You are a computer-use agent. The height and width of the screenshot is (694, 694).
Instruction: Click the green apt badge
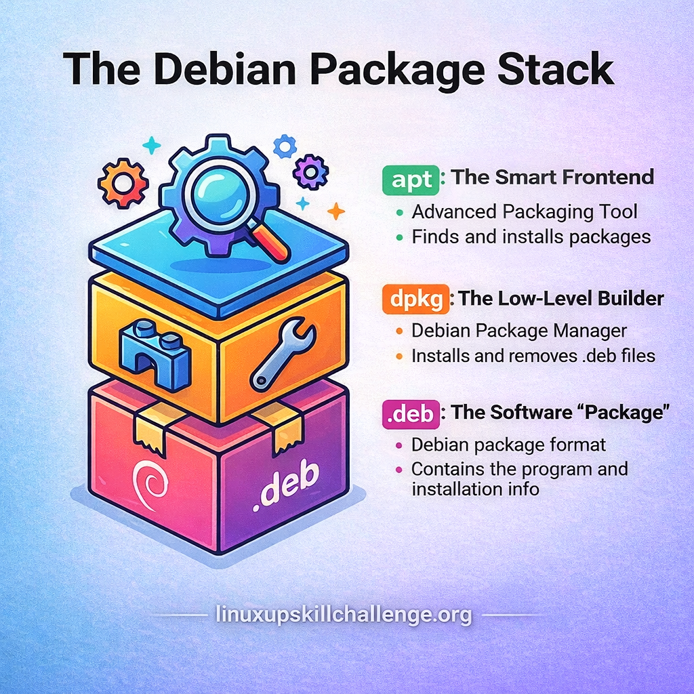coord(411,180)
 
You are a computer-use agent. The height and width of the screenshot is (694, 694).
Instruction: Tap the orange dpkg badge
coord(415,300)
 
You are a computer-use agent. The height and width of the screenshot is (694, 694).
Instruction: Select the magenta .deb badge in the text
coord(411,414)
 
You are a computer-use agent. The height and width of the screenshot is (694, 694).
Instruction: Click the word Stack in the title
coord(556,70)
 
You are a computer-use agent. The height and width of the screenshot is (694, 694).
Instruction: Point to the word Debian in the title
coord(224,70)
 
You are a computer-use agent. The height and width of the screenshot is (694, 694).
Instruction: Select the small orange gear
coord(123,183)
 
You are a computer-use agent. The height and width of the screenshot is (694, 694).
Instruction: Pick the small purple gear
coord(310,171)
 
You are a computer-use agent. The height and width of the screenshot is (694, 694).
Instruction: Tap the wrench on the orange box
coord(283,352)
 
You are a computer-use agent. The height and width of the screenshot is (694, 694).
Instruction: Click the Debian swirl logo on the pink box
coord(150,485)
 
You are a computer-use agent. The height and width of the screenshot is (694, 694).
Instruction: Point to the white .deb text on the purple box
coord(286,485)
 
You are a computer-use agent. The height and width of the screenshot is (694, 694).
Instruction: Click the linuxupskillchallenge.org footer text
coord(344,615)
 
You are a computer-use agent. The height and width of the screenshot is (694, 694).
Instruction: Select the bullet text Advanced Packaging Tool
coord(525,212)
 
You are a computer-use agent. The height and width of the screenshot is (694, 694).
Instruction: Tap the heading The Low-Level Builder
coord(561,299)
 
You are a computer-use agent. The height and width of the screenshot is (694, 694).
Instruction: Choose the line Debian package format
coord(508,445)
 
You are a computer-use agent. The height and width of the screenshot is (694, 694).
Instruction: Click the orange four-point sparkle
coord(336,211)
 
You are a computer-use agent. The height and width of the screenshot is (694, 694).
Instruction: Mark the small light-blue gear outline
coord(285,146)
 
